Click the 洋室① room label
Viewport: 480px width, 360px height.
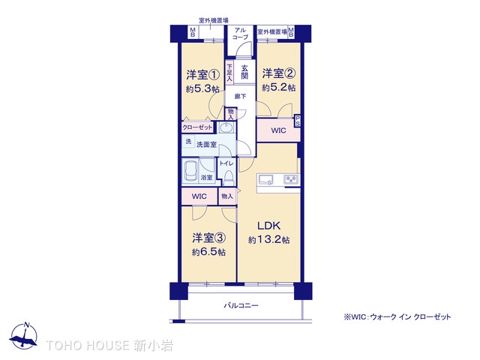[x=202, y=75]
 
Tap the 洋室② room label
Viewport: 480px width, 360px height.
[x=277, y=73]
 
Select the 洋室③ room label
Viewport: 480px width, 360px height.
[x=208, y=238]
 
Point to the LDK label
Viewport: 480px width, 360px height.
[x=269, y=226]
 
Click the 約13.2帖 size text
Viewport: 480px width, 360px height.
[x=269, y=240]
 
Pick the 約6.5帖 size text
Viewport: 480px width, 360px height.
[x=208, y=252]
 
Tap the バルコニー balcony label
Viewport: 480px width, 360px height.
[x=241, y=306]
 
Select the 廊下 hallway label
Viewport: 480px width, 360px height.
[x=240, y=97]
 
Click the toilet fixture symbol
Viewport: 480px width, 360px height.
[x=229, y=177]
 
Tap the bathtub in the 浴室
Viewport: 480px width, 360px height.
[x=190, y=175]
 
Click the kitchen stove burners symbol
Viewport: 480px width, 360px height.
[x=290, y=179]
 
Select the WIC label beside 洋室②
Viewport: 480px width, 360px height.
[x=278, y=130]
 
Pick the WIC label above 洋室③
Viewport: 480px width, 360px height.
[x=199, y=196]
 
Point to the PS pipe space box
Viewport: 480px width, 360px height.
[x=298, y=121]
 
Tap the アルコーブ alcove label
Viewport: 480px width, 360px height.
[x=240, y=34]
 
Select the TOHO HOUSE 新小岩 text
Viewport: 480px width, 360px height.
[x=109, y=346]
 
